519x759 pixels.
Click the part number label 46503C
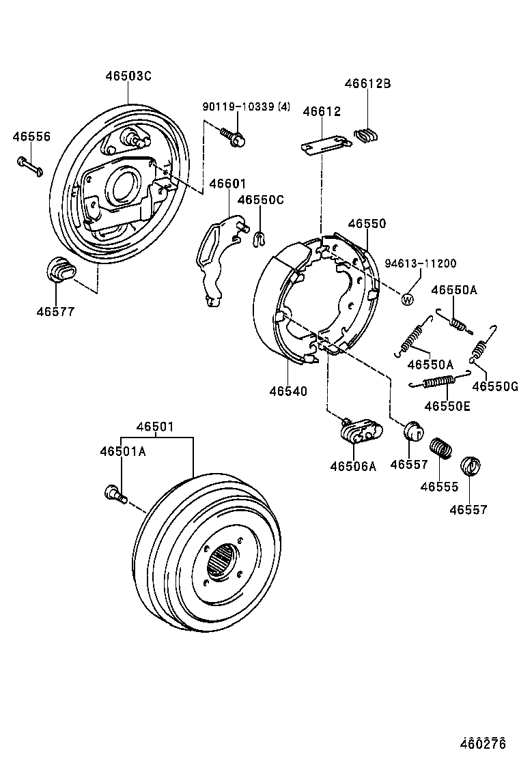tap(128, 76)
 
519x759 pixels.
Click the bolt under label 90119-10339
tap(234, 137)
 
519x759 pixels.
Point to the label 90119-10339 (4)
tap(246, 106)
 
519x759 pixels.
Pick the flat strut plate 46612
tap(326, 145)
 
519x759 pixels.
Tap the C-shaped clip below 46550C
tap(259, 238)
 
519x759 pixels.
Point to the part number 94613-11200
tap(420, 263)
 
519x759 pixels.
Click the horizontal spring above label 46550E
tap(439, 381)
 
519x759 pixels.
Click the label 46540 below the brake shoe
tap(287, 391)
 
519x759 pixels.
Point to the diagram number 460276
tap(482, 743)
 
